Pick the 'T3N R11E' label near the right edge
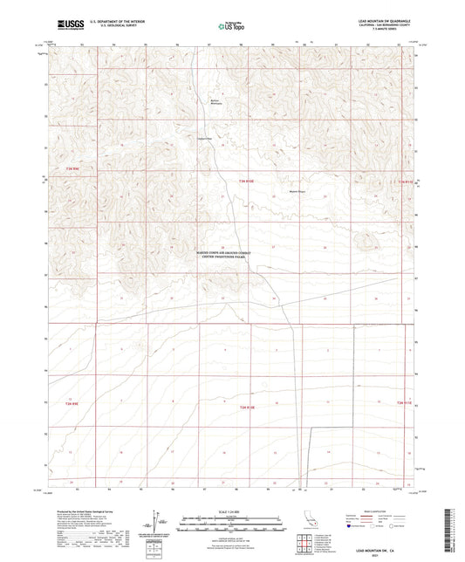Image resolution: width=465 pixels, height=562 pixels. pyautogui.click(x=401, y=181)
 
